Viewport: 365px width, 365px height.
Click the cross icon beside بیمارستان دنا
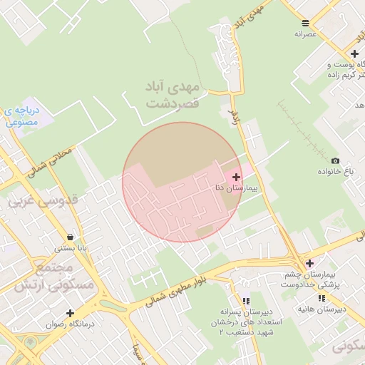(237, 176)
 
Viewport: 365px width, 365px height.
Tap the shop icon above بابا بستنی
(70, 237)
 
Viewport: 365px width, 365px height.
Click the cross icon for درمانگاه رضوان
(70, 313)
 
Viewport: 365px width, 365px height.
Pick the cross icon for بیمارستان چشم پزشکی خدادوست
(309, 263)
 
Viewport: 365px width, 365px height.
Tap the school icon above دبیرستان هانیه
(322, 298)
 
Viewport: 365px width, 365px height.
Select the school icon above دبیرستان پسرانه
(246, 301)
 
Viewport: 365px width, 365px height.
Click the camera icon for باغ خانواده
(335, 160)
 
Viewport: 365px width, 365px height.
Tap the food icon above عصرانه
(305, 23)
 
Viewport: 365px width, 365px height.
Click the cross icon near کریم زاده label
(354, 53)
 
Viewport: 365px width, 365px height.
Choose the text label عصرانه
(305, 34)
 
